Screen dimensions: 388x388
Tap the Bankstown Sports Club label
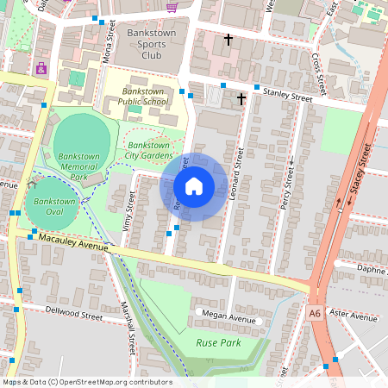click(151, 43)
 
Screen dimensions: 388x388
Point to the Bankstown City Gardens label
click(148, 150)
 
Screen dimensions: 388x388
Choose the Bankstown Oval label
click(51, 207)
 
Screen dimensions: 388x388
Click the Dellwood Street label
click(72, 316)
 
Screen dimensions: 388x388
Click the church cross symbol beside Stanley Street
click(241, 99)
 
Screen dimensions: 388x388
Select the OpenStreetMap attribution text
click(86, 382)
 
